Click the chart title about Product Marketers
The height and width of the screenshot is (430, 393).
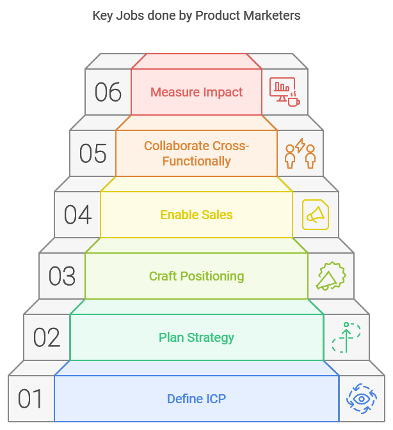click(x=196, y=16)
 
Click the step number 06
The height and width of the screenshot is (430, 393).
click(x=108, y=93)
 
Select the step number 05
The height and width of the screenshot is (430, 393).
click(x=93, y=154)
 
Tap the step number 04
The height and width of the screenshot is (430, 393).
click(x=77, y=215)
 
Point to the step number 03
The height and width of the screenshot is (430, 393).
click(x=62, y=277)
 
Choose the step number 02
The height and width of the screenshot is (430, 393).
click(x=47, y=338)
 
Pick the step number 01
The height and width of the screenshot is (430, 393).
click(x=31, y=399)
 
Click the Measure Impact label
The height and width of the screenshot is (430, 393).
click(x=196, y=93)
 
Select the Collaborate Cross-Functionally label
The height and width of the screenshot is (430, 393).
click(x=196, y=153)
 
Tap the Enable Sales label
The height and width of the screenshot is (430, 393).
click(x=196, y=215)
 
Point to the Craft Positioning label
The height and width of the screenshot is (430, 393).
click(x=196, y=277)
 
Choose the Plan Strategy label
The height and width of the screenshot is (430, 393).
click(x=196, y=338)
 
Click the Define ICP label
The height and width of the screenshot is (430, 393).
click(x=196, y=399)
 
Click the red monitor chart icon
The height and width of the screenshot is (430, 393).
click(x=285, y=93)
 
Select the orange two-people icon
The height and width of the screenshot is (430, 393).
click(x=300, y=153)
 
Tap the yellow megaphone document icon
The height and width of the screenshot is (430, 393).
click(x=316, y=215)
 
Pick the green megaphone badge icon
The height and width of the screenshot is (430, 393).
click(x=331, y=277)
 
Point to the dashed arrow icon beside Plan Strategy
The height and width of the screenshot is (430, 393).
click(x=346, y=338)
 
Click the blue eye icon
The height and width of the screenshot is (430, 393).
click(x=362, y=399)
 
